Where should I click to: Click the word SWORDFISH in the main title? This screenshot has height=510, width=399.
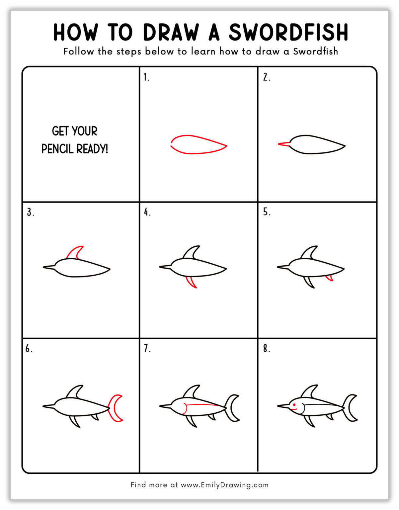point(288,32)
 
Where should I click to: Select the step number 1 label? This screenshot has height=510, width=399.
point(146,77)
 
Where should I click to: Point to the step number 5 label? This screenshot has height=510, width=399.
point(266,212)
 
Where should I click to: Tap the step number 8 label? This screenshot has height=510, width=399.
point(266,348)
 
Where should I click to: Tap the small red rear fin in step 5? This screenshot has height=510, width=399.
point(329,278)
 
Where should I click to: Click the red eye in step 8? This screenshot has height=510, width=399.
point(294,404)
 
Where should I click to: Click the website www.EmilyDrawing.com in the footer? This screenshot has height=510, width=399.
point(224,485)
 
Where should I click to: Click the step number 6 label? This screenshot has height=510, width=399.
point(29,348)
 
